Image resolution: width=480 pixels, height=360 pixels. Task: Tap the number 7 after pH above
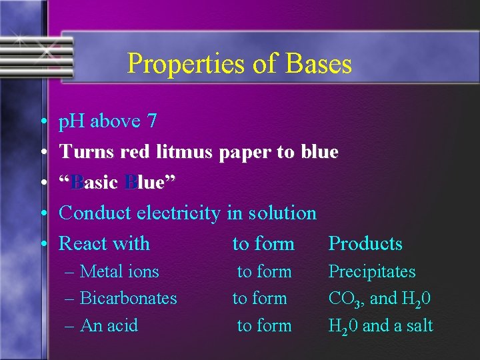tap(152, 121)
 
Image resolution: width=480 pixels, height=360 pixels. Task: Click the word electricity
tap(178, 213)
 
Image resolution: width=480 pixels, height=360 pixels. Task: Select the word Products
tap(365, 244)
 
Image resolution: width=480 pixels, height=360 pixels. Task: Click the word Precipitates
tap(372, 272)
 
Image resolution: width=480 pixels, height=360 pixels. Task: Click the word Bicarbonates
tap(128, 298)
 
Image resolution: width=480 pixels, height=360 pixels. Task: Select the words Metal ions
tap(119, 271)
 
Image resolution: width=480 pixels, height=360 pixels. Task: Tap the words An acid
tap(109, 325)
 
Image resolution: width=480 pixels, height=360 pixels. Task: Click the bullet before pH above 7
tap(43, 122)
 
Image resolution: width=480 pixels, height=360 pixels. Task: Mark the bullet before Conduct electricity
tap(43, 214)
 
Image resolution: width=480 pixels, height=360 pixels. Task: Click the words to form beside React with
tap(263, 244)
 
